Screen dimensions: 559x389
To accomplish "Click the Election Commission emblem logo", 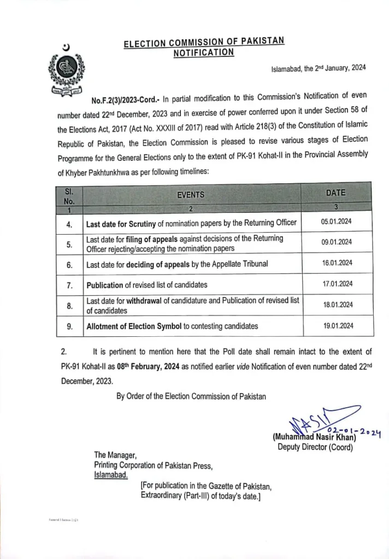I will pos(67,70).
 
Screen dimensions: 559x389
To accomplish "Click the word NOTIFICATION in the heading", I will pos(203,52).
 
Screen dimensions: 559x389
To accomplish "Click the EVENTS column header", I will pos(190,194).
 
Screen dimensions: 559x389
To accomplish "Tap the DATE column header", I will pos(335,193).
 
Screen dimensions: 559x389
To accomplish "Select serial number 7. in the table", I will pos(69,284).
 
